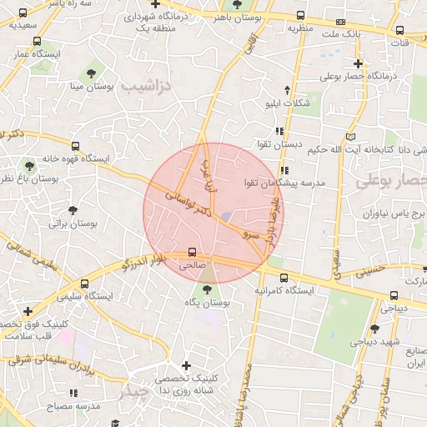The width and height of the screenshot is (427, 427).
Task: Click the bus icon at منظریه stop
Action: (x=299, y=15)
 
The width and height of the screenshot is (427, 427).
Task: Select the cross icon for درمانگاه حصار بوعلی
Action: (x=358, y=63)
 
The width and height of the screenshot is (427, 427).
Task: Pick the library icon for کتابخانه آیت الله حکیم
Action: (x=350, y=136)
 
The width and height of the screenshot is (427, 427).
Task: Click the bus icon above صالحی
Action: (x=193, y=251)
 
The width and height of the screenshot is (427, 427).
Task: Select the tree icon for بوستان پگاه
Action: (x=207, y=289)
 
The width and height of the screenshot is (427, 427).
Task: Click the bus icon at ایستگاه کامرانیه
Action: (x=284, y=278)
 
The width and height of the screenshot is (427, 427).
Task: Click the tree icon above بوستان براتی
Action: (x=73, y=210)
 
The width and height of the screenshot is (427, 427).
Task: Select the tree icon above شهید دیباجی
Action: (x=375, y=329)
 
